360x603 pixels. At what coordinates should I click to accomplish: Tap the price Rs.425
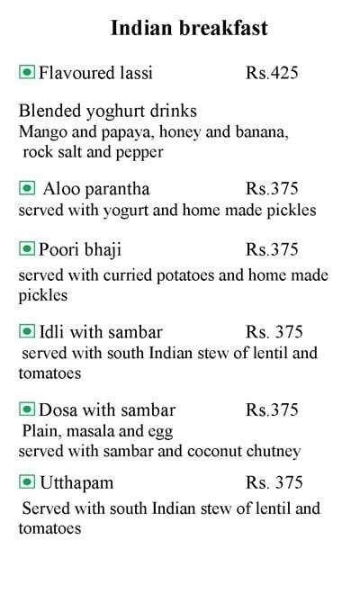tap(272, 71)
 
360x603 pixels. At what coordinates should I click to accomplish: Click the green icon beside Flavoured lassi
tap(27, 71)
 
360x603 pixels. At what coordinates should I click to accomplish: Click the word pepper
tap(138, 152)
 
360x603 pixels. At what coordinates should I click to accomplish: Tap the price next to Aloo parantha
tap(272, 190)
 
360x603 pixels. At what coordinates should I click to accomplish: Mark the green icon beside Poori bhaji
tap(27, 248)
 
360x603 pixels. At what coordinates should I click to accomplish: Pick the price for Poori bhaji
tap(272, 248)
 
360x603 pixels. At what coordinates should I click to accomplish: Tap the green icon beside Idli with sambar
tap(27, 331)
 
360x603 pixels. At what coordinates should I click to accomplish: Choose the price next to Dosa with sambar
tap(272, 410)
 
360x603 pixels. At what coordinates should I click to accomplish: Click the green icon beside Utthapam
tap(27, 482)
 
